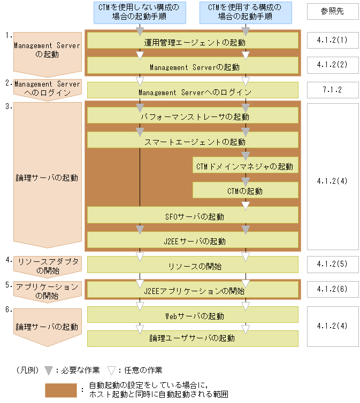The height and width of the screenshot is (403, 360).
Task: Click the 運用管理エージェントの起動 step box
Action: tap(193, 41)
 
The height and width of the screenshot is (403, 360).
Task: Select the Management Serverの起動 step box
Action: tap(193, 66)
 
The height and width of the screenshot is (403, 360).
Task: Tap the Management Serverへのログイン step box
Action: tap(193, 91)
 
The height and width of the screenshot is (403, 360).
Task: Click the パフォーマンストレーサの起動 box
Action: tap(193, 115)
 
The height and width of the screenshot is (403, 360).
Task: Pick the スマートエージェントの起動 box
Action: tap(193, 141)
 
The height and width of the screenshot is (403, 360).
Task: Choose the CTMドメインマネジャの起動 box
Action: tap(245, 166)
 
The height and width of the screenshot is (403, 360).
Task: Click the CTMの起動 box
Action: tap(245, 191)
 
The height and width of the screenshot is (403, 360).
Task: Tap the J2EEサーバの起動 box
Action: tap(193, 241)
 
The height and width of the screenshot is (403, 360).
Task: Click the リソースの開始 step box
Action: tap(193, 265)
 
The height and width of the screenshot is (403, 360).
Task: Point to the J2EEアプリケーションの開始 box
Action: tap(193, 290)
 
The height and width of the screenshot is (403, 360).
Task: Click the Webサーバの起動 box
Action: tap(193, 315)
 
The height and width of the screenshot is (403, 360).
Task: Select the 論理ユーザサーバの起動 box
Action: tap(193, 338)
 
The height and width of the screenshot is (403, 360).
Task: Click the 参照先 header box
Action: tap(333, 11)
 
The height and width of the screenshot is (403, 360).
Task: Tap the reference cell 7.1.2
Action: tap(333, 90)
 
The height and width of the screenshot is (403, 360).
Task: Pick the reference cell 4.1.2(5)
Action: tap(333, 264)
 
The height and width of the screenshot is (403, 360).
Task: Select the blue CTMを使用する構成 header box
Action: tap(245, 12)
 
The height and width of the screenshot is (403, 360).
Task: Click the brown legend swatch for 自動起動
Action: tap(60, 390)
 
